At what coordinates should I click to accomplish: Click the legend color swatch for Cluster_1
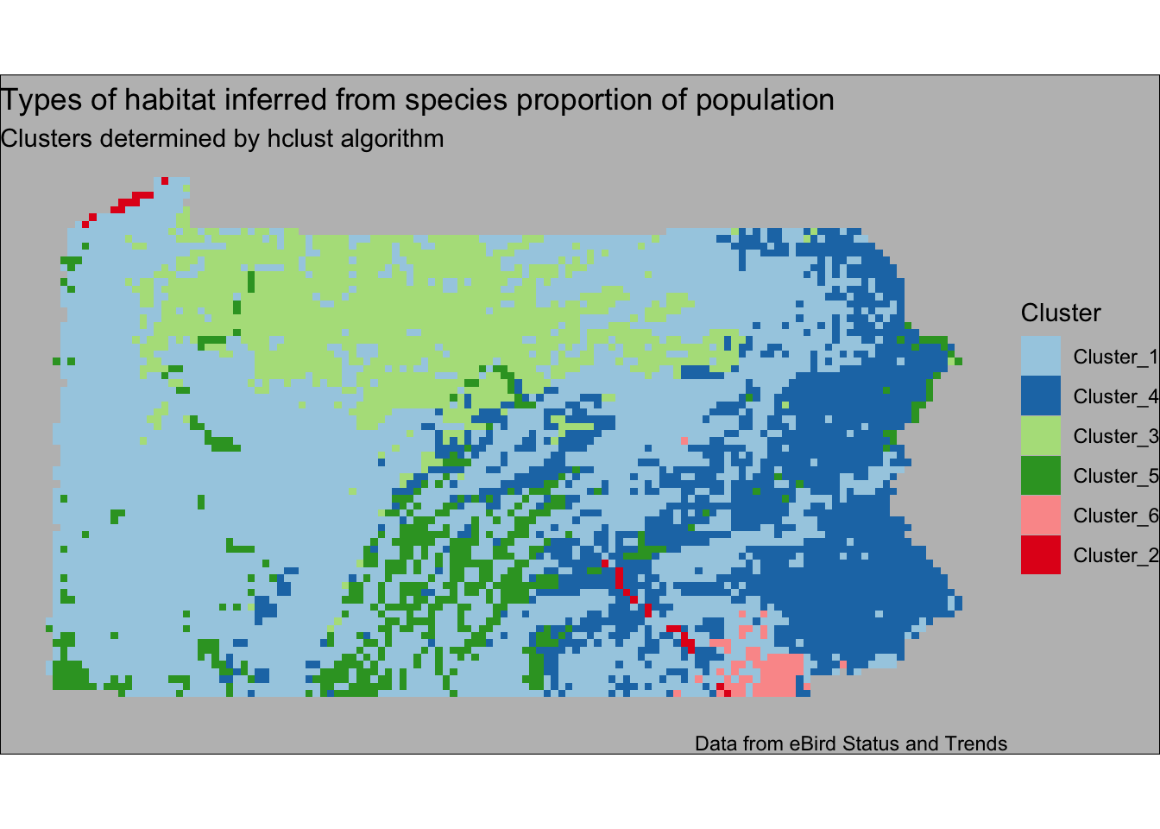[1040, 356]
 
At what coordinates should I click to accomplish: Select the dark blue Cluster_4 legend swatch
[1040, 396]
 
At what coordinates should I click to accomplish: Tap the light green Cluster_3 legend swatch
[1040, 435]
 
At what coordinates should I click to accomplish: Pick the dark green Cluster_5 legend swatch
[1040, 475]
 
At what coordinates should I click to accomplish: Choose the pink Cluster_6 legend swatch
[1040, 515]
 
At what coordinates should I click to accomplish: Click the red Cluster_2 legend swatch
[1040, 554]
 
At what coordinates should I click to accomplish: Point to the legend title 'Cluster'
[1061, 313]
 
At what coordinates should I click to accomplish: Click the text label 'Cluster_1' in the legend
[1116, 357]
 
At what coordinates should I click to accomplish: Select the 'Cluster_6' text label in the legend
[1116, 516]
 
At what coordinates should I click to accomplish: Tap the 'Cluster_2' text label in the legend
[1116, 555]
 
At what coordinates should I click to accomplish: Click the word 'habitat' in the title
[169, 99]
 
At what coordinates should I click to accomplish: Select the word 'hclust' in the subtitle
[299, 138]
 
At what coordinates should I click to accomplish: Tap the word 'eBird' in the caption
[813, 744]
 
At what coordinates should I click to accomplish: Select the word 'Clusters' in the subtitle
[46, 138]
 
